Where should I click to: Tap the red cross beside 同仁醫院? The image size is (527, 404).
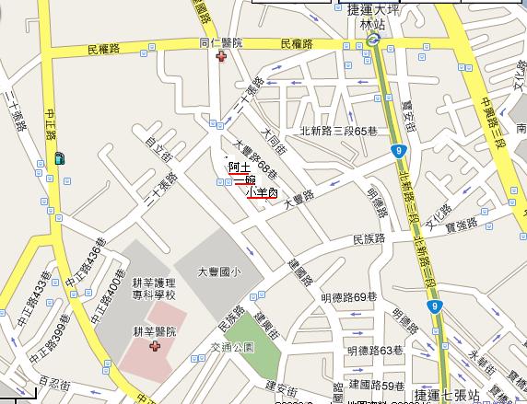pyautogui.click(x=220, y=57)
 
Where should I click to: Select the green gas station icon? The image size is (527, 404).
pyautogui.click(x=60, y=157)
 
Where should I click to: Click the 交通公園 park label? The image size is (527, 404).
pyautogui.click(x=230, y=349)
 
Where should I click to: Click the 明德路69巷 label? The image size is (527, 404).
pyautogui.click(x=349, y=296)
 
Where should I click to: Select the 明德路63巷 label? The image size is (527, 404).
pyautogui.click(x=375, y=350)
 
